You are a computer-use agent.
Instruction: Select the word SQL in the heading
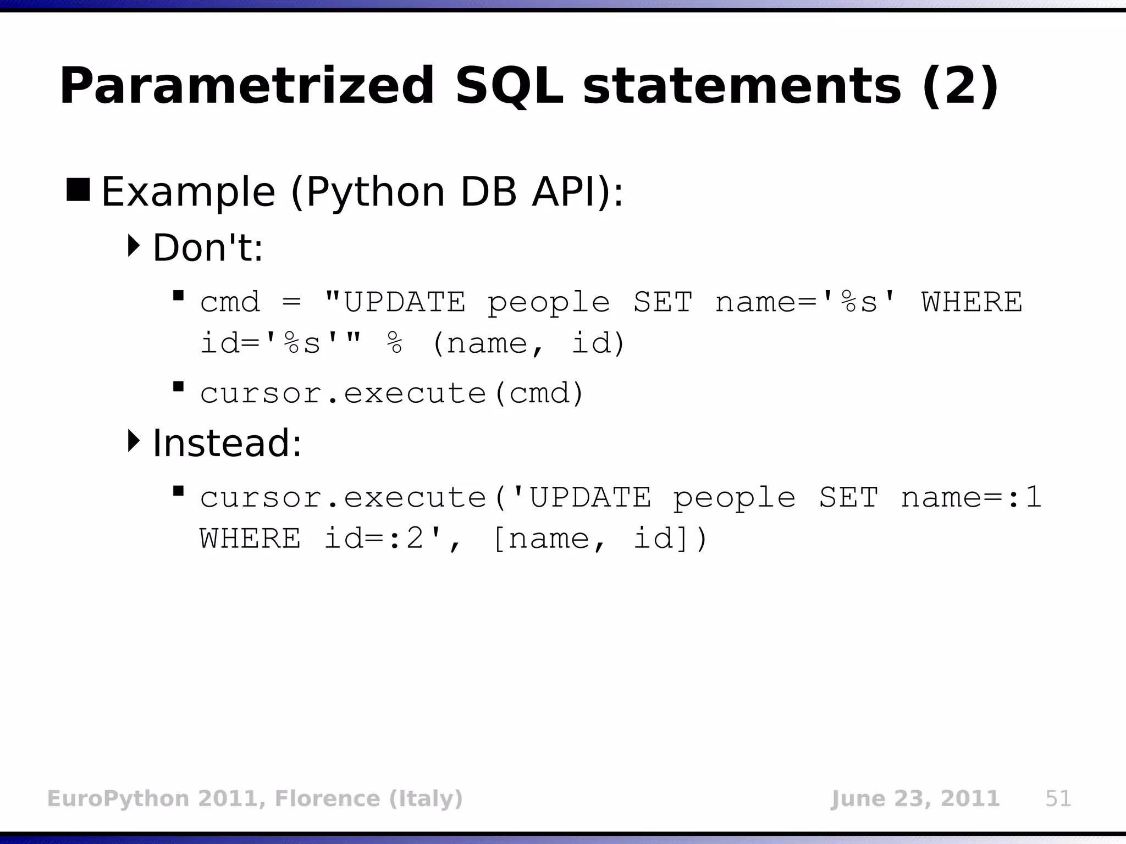pos(509,86)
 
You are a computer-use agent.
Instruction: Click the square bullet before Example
pos(78,190)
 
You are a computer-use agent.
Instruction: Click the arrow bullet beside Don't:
pos(134,246)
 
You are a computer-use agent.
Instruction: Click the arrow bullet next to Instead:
pos(134,441)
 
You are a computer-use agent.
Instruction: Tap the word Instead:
pos(227,443)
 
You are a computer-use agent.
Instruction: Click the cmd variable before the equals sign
pos(230,302)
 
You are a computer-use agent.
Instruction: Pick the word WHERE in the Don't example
pos(972,302)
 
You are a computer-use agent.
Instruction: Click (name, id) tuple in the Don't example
pos(528,344)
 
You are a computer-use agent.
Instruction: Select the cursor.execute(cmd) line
pos(391,393)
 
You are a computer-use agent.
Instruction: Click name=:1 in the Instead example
pos(971,498)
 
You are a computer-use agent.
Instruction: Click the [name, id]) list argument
pos(600,538)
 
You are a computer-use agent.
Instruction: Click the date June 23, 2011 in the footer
pos(915,798)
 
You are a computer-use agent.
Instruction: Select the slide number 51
pos(1058,798)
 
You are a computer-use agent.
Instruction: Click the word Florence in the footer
pos(327,798)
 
